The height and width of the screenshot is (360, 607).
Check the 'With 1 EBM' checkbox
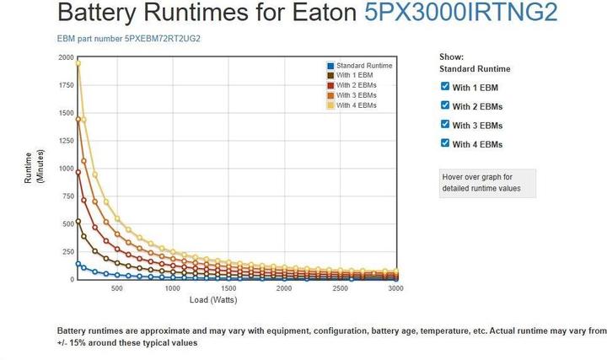[x=445, y=87]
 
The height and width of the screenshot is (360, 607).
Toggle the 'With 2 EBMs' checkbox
[x=445, y=105]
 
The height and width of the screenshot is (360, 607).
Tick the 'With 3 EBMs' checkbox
[x=445, y=125]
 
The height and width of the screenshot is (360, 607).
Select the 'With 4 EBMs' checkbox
[x=445, y=143]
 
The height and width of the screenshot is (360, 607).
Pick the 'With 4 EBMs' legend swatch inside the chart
[x=330, y=105]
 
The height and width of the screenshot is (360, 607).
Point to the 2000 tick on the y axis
[x=66, y=57]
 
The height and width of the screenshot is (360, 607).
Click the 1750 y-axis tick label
[x=66, y=85]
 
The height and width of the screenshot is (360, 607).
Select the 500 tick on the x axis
[x=116, y=288]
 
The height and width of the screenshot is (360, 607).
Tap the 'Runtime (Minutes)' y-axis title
[x=34, y=167]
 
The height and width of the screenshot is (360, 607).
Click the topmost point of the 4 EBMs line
[x=78, y=63]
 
